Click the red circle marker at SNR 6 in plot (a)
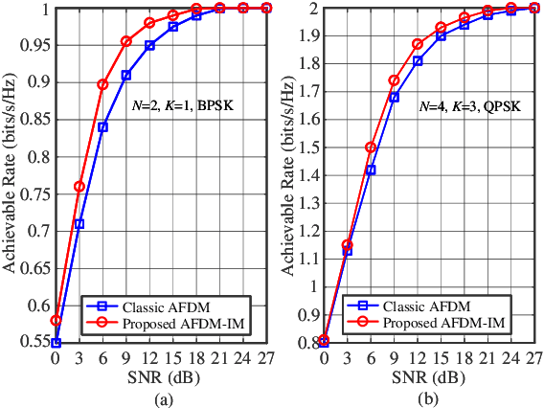tap(102, 84)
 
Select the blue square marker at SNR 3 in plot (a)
tap(79, 224)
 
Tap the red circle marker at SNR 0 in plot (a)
tap(57, 321)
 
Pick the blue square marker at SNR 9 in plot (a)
tap(126, 75)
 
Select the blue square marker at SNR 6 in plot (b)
tap(371, 170)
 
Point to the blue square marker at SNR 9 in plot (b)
tap(394, 97)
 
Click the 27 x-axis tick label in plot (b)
tap(534, 358)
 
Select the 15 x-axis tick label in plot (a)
tap(172, 358)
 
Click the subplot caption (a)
tap(161, 396)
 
